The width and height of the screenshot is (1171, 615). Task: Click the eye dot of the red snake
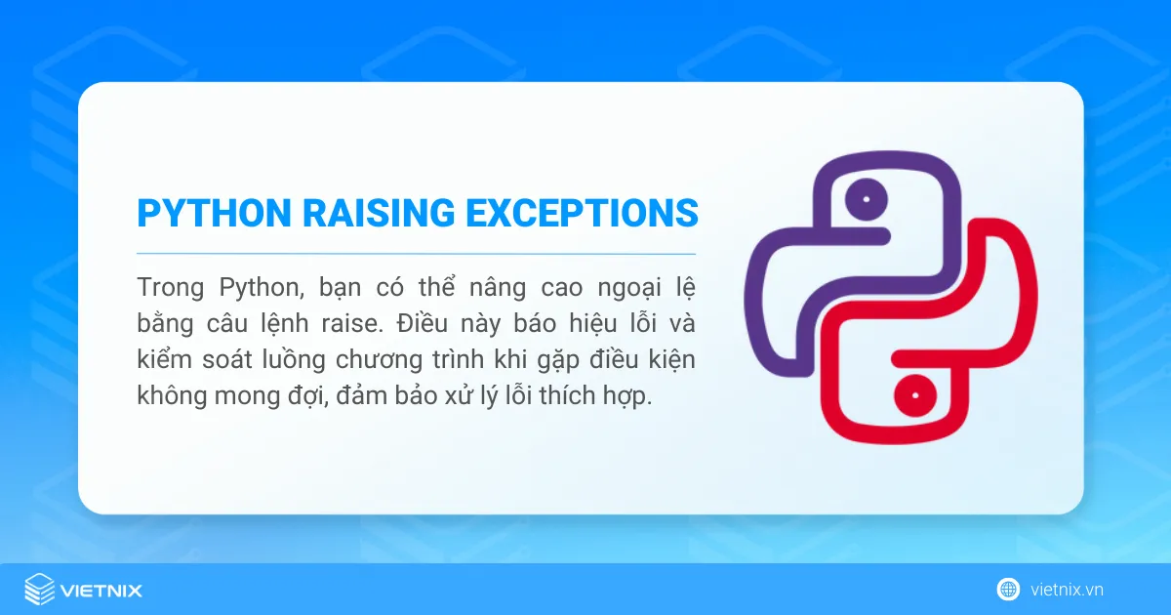tap(917, 395)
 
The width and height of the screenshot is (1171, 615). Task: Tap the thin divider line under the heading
tap(417, 253)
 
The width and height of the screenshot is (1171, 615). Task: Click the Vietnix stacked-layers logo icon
tap(39, 590)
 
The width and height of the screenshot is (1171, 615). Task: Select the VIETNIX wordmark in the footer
tap(101, 590)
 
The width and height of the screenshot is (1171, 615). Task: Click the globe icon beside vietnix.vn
tap(1008, 590)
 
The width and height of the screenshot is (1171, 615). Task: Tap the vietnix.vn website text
tap(1067, 590)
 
